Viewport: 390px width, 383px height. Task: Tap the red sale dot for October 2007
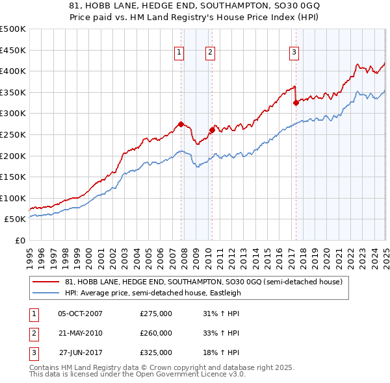(181, 124)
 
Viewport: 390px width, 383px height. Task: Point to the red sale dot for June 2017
(296, 103)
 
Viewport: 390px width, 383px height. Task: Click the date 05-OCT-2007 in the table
(81, 313)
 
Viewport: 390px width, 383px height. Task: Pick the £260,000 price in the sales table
(156, 333)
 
